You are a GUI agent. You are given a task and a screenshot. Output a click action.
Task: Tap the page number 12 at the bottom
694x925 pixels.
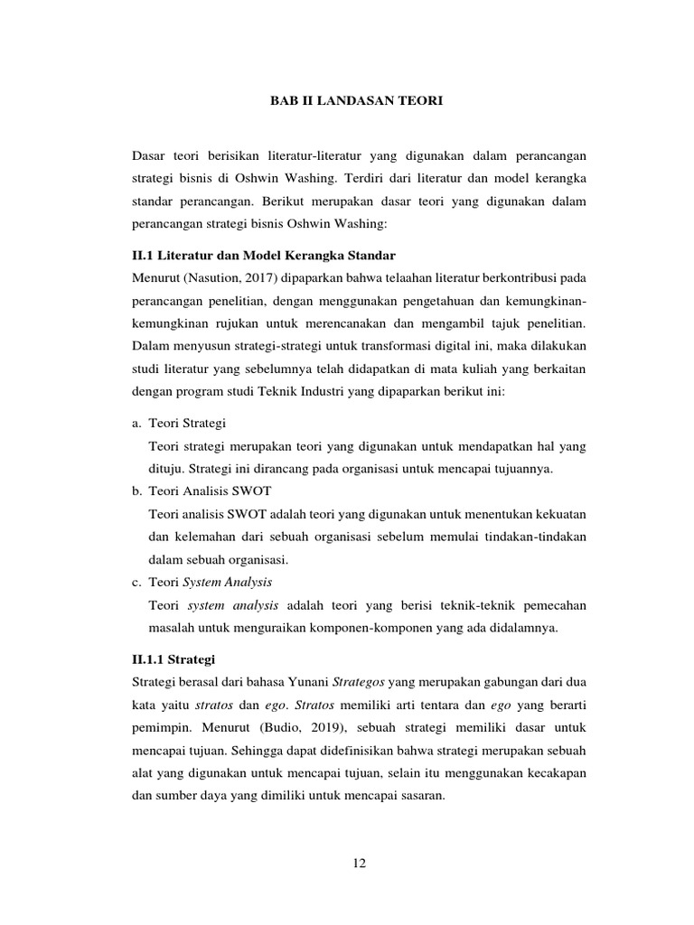(x=359, y=864)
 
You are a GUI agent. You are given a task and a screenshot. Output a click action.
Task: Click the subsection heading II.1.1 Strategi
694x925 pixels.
(x=173, y=659)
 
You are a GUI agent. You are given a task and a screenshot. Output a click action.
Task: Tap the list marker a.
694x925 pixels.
(x=136, y=423)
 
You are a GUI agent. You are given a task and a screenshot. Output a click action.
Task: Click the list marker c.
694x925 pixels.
(x=136, y=582)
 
